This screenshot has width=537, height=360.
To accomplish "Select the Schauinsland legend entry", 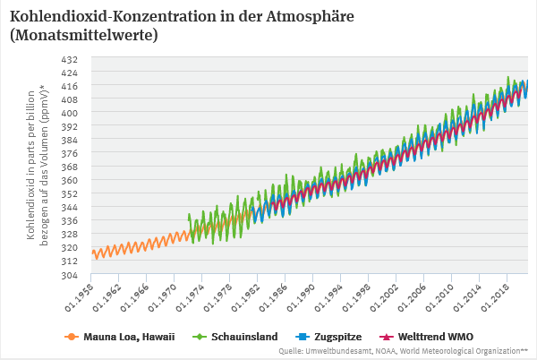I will pos(244,338).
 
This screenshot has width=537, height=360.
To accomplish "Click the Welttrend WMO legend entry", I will pos(434,338).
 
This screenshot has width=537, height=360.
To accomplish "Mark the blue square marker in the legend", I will pos(302,338).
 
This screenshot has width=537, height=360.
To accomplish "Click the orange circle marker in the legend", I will pos(70,338).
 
